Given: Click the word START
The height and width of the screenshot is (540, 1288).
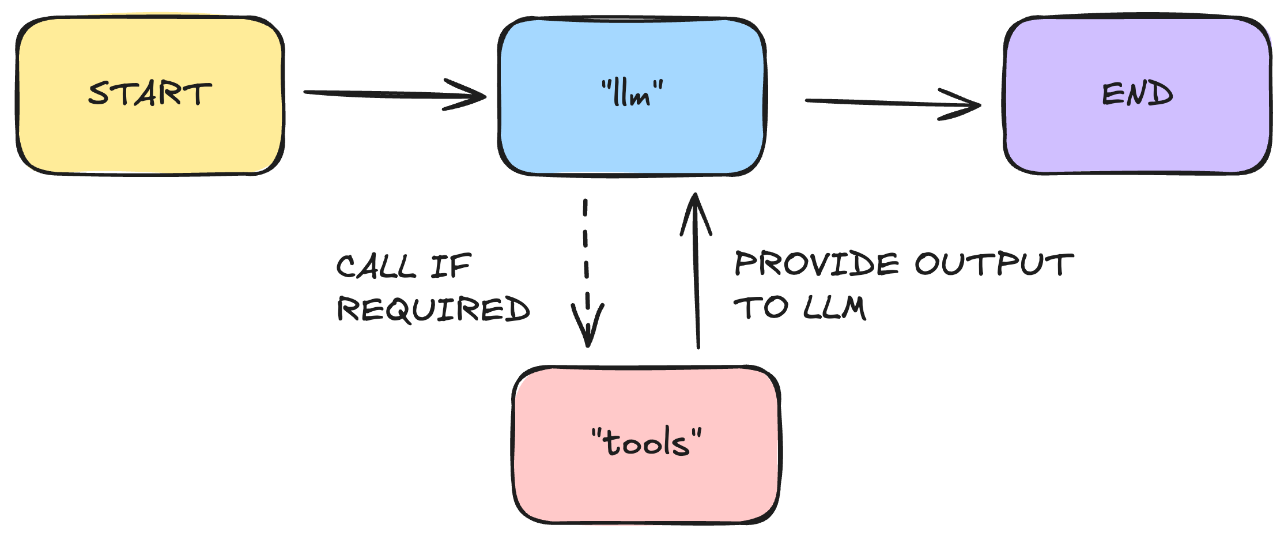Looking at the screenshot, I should click(150, 94).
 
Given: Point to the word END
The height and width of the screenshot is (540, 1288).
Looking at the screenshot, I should click(1137, 94).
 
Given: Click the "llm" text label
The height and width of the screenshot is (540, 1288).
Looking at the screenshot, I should click(632, 94).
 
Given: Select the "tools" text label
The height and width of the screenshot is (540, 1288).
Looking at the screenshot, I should click(647, 443).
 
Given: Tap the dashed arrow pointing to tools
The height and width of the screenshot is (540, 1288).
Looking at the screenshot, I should click(586, 259).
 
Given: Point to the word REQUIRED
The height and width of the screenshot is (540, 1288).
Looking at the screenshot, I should click(433, 309).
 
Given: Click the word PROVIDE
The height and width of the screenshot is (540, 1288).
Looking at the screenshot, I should click(816, 265).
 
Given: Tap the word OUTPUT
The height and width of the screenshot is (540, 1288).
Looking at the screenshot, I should click(994, 265).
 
